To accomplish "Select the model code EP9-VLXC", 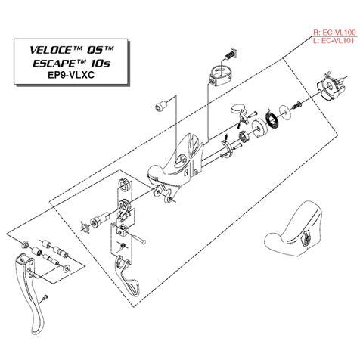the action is point(71,75).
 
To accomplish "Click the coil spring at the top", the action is point(231,54).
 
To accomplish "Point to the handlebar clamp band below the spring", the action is point(221,74).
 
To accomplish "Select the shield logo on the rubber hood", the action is point(306,237).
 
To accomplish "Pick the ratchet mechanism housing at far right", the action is point(331,87).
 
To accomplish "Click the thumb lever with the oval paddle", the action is point(240,112).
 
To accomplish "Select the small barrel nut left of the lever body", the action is point(160,105).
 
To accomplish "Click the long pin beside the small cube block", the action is point(138,239).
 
